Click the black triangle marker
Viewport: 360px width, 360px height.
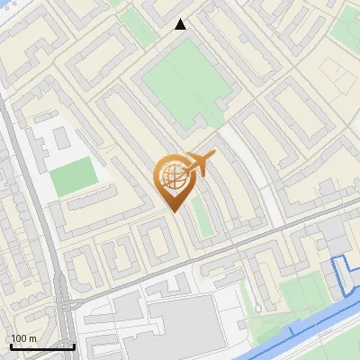click(x=180, y=24)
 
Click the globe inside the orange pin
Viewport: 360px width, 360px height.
click(x=172, y=176)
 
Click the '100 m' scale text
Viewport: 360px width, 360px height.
click(x=23, y=338)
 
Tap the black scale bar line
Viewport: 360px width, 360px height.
click(x=42, y=346)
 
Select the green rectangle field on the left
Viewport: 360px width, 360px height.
click(x=72, y=175)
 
